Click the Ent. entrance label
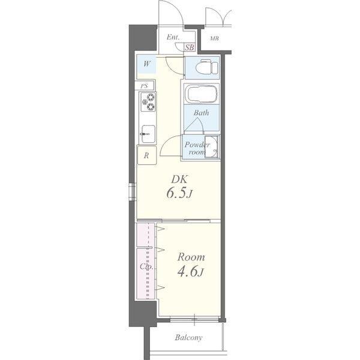pyautogui.click(x=173, y=37)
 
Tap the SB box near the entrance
pyautogui.click(x=190, y=47)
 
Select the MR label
pyautogui.click(x=214, y=38)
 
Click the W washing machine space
pyautogui.click(x=146, y=64)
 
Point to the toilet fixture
pyautogui.click(x=206, y=67)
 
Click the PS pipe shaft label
pyautogui.click(x=144, y=86)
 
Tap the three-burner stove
pyautogui.click(x=148, y=102)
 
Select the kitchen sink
pyautogui.click(x=148, y=134)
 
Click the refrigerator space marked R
pyautogui.click(x=147, y=155)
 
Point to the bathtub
pyautogui.click(x=202, y=94)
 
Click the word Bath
pyautogui.click(x=201, y=113)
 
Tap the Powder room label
pyautogui.click(x=197, y=148)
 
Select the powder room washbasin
pyautogui.click(x=212, y=146)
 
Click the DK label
pyautogui.click(x=179, y=179)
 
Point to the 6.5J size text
pyautogui.click(x=179, y=193)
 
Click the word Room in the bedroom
pyautogui.click(x=191, y=257)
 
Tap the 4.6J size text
pyautogui.click(x=190, y=271)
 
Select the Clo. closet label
pyautogui.click(x=146, y=266)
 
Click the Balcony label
pyautogui.click(x=188, y=337)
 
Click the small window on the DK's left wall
pyautogui.click(x=133, y=191)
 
